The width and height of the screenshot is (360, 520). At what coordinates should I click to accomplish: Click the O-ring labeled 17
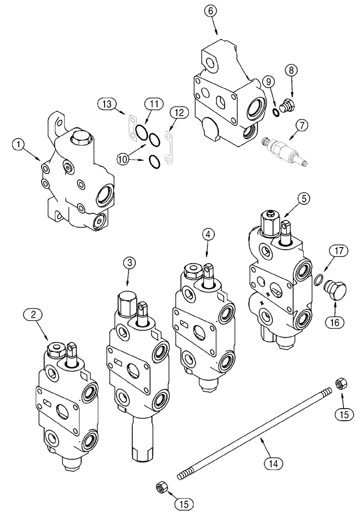pos(316,281)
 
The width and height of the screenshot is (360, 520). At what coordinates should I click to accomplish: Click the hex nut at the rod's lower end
pos(161,488)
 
